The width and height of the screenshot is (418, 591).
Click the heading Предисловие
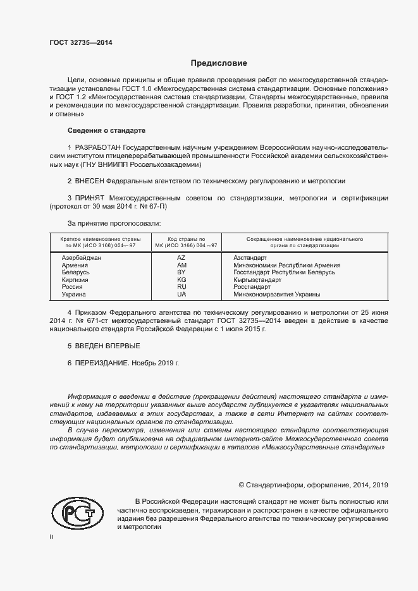tap(219, 63)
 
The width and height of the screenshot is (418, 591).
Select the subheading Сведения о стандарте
tap(106, 130)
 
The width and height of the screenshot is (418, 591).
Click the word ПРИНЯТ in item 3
tap(90, 198)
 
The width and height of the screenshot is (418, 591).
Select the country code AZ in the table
tap(181, 258)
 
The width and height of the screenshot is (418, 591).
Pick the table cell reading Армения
tap(74, 265)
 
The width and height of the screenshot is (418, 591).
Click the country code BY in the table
tap(181, 272)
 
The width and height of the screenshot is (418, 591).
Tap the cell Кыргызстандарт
tap(257, 279)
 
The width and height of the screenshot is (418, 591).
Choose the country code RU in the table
tap(181, 287)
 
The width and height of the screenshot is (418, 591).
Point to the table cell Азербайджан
tap(81, 258)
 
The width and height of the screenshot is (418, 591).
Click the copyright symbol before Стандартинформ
tap(241, 485)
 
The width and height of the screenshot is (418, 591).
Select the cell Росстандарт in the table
tap(251, 287)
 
